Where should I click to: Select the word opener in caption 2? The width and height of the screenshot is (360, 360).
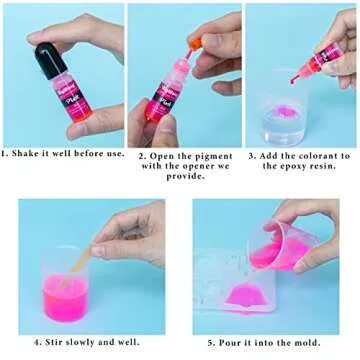(208, 166)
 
